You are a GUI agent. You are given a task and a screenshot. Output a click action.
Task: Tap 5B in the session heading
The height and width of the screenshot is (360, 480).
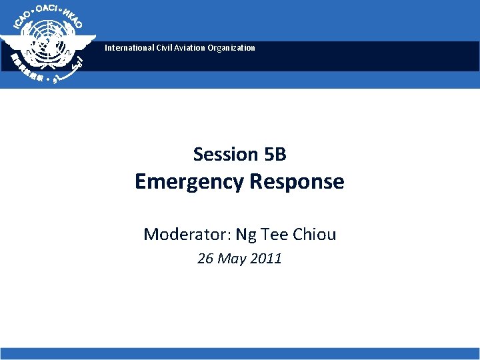[x=275, y=155]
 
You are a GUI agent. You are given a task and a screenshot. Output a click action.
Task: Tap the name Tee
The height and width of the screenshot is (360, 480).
[x=274, y=234]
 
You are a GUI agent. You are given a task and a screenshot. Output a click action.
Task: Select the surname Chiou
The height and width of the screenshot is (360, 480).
[x=315, y=234]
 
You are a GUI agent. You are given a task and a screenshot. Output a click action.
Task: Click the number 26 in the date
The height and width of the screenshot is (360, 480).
[x=205, y=259]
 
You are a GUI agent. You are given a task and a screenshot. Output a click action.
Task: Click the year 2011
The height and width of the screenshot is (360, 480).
[x=266, y=259]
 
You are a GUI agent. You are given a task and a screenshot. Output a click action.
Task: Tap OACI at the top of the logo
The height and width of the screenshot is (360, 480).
[x=47, y=9]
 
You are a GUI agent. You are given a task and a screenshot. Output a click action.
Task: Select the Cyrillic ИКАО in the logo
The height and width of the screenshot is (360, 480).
[x=73, y=19]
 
